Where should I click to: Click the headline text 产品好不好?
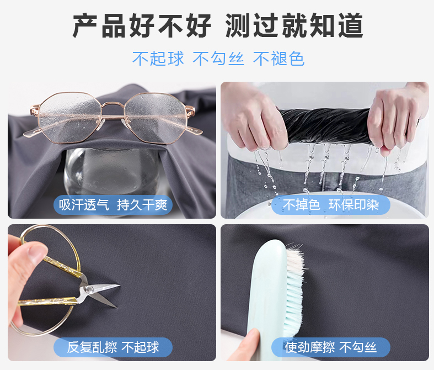click(x=142, y=25)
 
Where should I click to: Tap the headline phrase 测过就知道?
click(x=294, y=25)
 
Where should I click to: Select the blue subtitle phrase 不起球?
click(x=158, y=59)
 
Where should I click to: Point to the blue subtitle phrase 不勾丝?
click(x=218, y=59)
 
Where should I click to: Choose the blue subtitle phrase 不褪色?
click(x=278, y=59)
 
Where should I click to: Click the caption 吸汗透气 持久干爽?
click(x=113, y=205)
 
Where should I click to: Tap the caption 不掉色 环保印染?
click(x=331, y=205)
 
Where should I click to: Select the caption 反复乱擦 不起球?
click(x=113, y=347)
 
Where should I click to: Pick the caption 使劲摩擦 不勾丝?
click(x=331, y=347)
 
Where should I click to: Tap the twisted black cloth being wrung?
click(x=326, y=126)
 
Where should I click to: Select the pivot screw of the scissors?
click(x=89, y=289)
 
